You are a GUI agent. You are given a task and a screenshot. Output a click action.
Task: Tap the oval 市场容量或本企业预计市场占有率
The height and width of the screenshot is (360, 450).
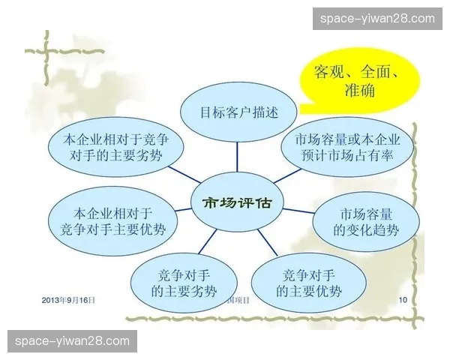click(347, 148)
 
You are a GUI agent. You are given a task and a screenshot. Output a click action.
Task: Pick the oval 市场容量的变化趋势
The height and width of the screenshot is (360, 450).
click(366, 219)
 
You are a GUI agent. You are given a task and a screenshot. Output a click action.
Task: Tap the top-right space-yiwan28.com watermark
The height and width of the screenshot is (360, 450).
click(377, 18)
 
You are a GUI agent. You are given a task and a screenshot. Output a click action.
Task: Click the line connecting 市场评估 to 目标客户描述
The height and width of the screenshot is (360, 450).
click(238, 160)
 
